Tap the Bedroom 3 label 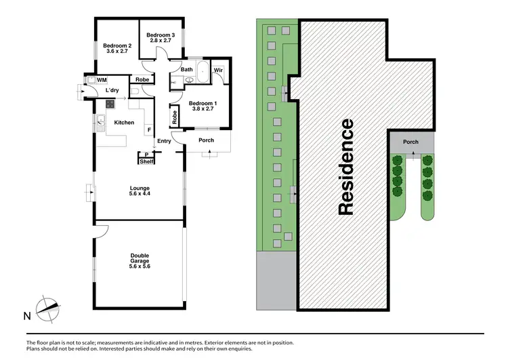point(161,35)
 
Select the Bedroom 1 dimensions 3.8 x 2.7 point(203,108)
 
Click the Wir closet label point(218,70)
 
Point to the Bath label point(187,69)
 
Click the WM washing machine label point(102,80)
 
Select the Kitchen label point(124,123)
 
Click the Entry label point(164,142)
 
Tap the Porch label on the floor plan point(206,141)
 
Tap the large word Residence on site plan point(345,167)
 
